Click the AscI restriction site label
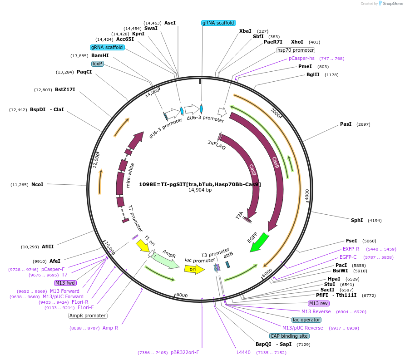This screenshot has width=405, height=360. click(x=170, y=23)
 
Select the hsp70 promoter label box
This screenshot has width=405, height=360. click(x=296, y=50)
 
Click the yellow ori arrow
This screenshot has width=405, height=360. click(x=193, y=269)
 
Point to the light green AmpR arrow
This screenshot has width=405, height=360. click(x=166, y=260)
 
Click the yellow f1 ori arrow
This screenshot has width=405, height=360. click(x=143, y=246)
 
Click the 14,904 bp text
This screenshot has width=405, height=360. click(x=200, y=190)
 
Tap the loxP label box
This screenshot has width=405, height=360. click(x=98, y=64)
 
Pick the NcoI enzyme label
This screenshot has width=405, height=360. click(x=37, y=184)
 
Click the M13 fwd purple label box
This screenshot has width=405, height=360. click(x=65, y=283)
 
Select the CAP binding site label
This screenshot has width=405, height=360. click(x=289, y=336)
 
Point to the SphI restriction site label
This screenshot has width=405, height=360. click(x=357, y=220)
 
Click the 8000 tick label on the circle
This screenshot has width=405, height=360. click(x=182, y=295)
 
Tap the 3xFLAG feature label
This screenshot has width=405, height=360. click(x=217, y=144)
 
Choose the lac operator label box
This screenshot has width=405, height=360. click(x=304, y=320)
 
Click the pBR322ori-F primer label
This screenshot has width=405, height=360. click(x=185, y=352)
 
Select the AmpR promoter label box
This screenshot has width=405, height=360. click(x=88, y=316)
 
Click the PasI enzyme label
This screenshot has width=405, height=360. click(x=346, y=124)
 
